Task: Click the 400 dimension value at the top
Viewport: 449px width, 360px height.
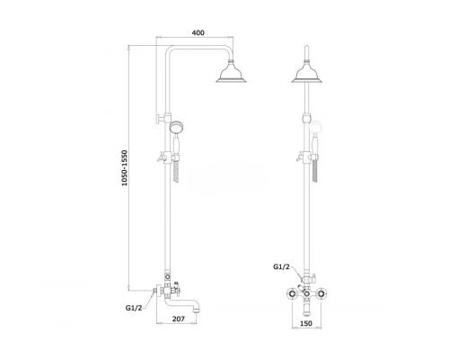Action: click(198, 32)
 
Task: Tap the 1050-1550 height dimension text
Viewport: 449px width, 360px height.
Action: click(125, 168)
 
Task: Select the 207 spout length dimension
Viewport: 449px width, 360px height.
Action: click(179, 319)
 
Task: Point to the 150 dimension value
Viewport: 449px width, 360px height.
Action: click(306, 323)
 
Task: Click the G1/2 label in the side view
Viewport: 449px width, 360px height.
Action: click(134, 308)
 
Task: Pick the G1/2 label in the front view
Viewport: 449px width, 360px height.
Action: click(281, 266)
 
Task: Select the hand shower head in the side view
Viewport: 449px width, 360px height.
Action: click(176, 127)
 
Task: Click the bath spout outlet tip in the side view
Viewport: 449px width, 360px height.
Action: click(195, 310)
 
